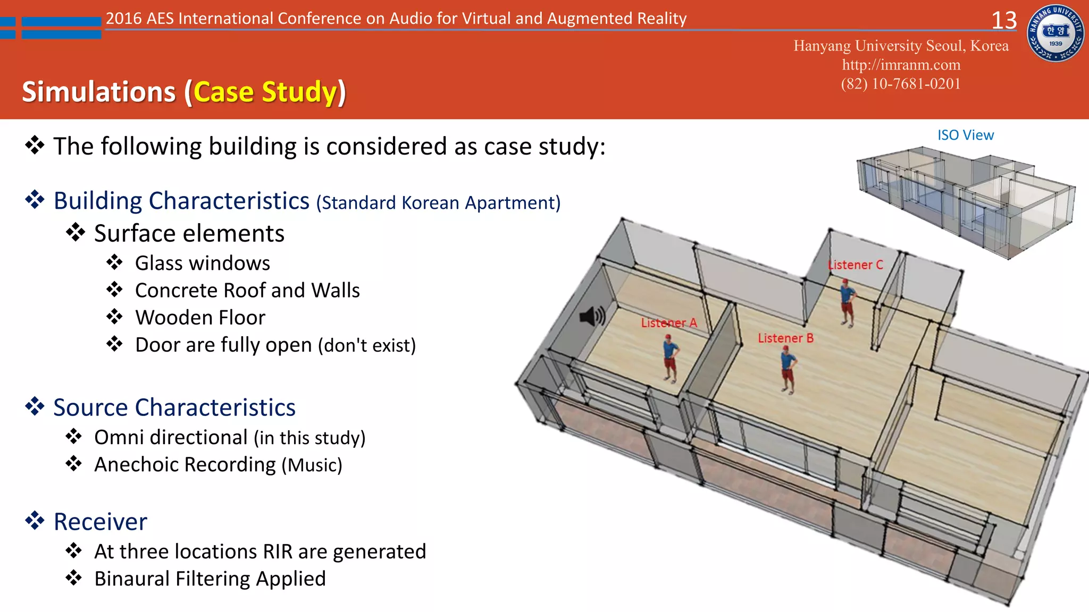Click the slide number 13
tap(1004, 21)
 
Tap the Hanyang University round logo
tap(1056, 33)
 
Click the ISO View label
tap(965, 135)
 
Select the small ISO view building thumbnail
tap(965, 202)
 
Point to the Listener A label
tap(668, 322)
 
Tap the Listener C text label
tap(855, 265)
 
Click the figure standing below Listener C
tap(847, 303)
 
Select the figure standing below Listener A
tap(670, 358)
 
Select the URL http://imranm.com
tap(901, 65)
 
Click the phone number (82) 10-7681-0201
tap(901, 84)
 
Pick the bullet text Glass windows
tap(202, 263)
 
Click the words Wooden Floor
tap(200, 318)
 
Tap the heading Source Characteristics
tap(174, 407)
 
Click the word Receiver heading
tap(100, 522)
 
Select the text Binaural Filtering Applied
tap(210, 579)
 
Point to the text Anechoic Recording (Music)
tap(218, 465)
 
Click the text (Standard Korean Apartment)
tap(438, 203)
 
